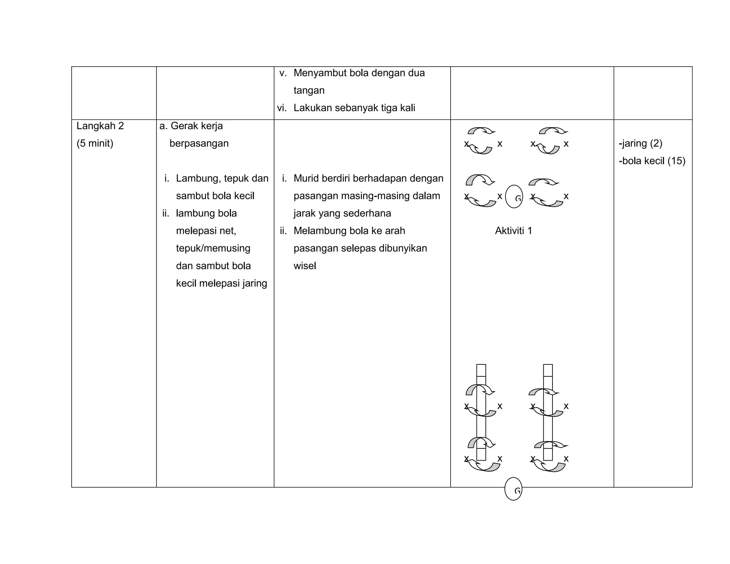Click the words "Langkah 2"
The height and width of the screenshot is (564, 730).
[x=100, y=126]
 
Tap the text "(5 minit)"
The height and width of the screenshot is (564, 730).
[x=95, y=143]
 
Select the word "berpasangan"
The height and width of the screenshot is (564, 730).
[x=199, y=143]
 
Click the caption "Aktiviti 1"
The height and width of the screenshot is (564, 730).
[x=513, y=231]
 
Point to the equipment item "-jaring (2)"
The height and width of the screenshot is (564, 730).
[x=641, y=143]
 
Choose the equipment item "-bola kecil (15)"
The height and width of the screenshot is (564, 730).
[x=652, y=161]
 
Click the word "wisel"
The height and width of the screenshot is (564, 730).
[x=305, y=266]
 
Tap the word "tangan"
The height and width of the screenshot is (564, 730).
[x=309, y=90]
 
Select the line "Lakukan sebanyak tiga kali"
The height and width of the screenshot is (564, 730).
[x=354, y=108]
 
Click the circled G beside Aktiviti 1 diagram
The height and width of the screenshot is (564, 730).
[x=514, y=197]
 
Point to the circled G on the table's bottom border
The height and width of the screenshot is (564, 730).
[x=513, y=489]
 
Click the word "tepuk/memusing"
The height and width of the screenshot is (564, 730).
[x=213, y=248]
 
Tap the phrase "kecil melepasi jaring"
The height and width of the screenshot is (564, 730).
[x=221, y=283]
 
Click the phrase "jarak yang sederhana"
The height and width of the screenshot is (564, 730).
[x=342, y=213]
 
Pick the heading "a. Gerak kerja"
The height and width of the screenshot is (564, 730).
[x=191, y=126]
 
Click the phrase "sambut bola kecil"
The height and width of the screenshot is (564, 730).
[x=215, y=196]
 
